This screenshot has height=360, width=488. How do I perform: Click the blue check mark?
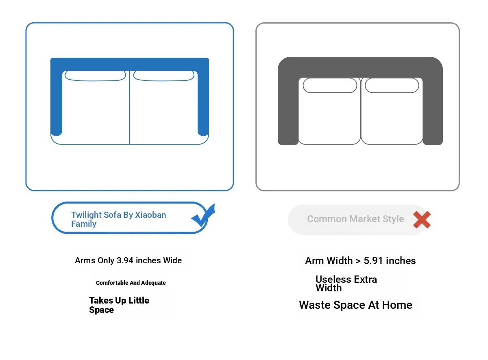[203, 215]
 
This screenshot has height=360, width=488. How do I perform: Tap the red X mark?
[422, 219]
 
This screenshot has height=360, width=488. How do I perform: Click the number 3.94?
[125, 260]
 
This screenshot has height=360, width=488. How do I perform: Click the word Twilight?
[87, 215]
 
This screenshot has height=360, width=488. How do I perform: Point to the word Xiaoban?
[150, 215]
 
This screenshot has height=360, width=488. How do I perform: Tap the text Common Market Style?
[355, 219]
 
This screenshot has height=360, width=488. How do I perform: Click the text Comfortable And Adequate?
[131, 282]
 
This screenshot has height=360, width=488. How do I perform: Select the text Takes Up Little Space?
[119, 305]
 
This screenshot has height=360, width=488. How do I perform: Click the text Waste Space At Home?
[355, 305]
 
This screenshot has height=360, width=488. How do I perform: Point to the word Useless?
[333, 279]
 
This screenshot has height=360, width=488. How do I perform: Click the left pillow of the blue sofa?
[95, 76]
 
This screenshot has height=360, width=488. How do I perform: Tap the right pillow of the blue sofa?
[164, 76]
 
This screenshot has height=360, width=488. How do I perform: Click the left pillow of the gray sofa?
[329, 85]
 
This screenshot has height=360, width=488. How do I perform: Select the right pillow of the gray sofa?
[392, 85]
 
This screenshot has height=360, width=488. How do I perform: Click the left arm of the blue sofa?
[57, 101]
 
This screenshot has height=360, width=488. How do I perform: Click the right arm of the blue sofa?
[203, 101]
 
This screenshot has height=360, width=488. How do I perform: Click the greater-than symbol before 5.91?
[358, 261]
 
